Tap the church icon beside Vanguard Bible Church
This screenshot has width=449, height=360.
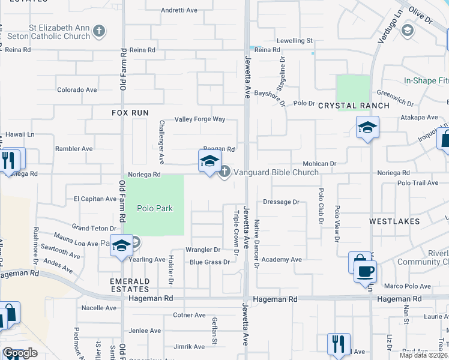(x=224, y=172)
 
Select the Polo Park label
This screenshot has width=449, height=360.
(x=155, y=208)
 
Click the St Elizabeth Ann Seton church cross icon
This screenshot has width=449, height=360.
(x=100, y=31)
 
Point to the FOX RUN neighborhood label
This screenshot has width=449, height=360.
(x=130, y=112)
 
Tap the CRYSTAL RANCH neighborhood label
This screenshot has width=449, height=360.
(x=354, y=106)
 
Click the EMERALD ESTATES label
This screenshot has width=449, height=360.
(x=129, y=285)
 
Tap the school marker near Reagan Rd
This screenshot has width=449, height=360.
(x=209, y=161)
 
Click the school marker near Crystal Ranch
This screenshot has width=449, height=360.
(x=367, y=128)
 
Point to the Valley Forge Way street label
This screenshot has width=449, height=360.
(x=200, y=119)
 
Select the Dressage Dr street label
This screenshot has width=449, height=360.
(x=281, y=202)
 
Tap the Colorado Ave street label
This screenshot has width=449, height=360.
(x=77, y=90)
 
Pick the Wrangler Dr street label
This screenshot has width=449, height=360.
(x=203, y=250)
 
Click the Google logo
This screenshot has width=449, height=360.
(x=20, y=353)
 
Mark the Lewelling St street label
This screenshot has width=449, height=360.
(x=295, y=41)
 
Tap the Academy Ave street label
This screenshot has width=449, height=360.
(x=282, y=260)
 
